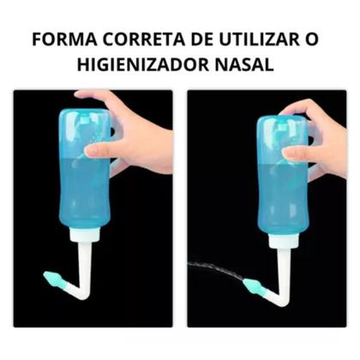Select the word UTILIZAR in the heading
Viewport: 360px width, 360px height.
click(256, 40)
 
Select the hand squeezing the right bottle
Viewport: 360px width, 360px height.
click(317, 137)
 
